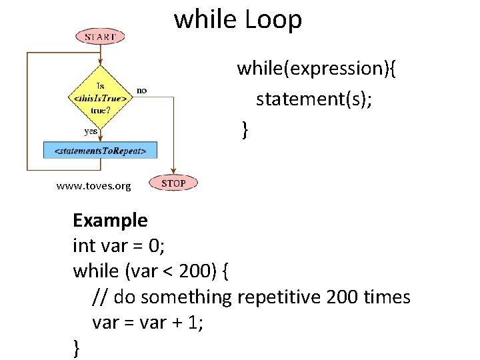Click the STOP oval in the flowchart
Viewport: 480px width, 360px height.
point(173,183)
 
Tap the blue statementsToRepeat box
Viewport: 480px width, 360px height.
point(100,150)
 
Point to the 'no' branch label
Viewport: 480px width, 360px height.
point(142,90)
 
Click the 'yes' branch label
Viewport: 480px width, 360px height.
point(91,131)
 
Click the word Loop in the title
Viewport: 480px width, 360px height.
point(273,20)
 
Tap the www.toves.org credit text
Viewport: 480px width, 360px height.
point(94,185)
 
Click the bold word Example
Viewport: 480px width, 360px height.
point(110,219)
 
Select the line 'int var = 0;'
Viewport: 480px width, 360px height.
point(119,245)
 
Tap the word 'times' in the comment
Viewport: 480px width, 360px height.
point(387,297)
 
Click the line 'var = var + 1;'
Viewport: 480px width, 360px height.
point(148,323)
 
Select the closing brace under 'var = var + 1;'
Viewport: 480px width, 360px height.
point(77,347)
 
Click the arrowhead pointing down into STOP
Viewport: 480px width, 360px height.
point(173,172)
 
